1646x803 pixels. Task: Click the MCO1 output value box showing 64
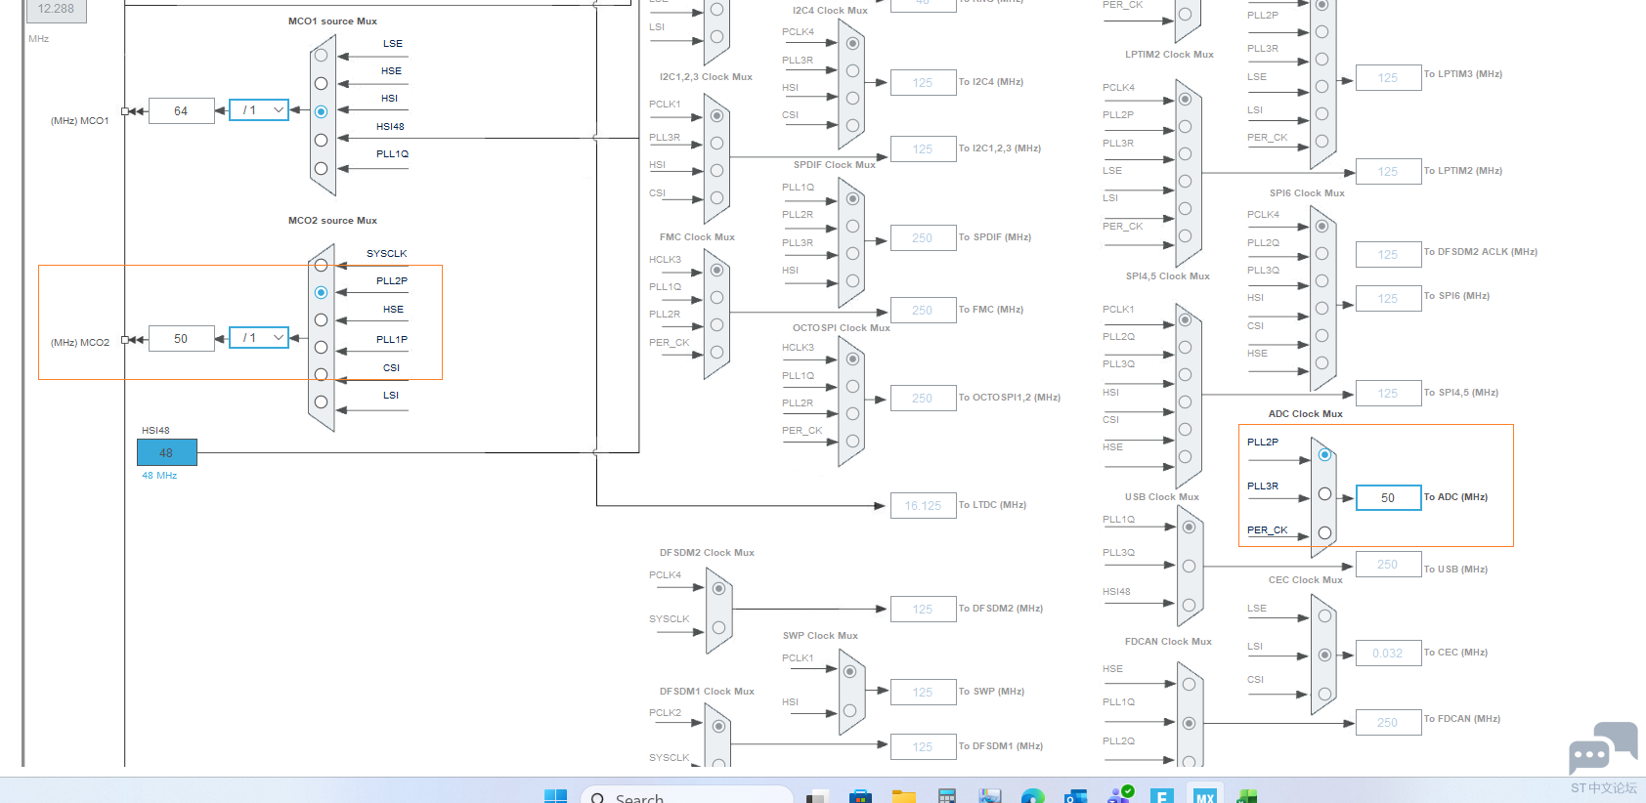pyautogui.click(x=181, y=111)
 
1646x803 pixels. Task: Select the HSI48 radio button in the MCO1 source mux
pyautogui.click(x=321, y=140)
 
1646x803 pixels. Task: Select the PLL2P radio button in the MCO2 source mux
pyautogui.click(x=321, y=292)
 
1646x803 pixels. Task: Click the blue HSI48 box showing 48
pyautogui.click(x=166, y=452)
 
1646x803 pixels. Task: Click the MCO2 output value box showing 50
pyautogui.click(x=181, y=339)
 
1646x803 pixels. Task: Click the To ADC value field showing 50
pyautogui.click(x=1387, y=498)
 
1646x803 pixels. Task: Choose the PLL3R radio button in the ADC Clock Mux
pyautogui.click(x=1324, y=493)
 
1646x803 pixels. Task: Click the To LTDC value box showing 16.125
pyautogui.click(x=922, y=506)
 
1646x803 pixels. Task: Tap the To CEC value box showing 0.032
pyautogui.click(x=1387, y=654)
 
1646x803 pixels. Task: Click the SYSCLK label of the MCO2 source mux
pyautogui.click(x=386, y=254)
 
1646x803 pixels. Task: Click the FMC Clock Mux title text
pyautogui.click(x=697, y=237)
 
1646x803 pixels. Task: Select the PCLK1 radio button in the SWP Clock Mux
pyautogui.click(x=849, y=671)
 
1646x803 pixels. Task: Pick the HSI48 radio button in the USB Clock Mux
pyautogui.click(x=1189, y=605)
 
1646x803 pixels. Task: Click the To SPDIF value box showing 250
pyautogui.click(x=922, y=238)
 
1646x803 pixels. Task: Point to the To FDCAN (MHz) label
pyautogui.click(x=1461, y=719)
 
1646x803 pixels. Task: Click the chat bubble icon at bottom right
pyautogui.click(x=1602, y=748)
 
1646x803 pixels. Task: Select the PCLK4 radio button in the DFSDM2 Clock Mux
pyautogui.click(x=718, y=588)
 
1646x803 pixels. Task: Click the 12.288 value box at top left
pyautogui.click(x=56, y=9)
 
